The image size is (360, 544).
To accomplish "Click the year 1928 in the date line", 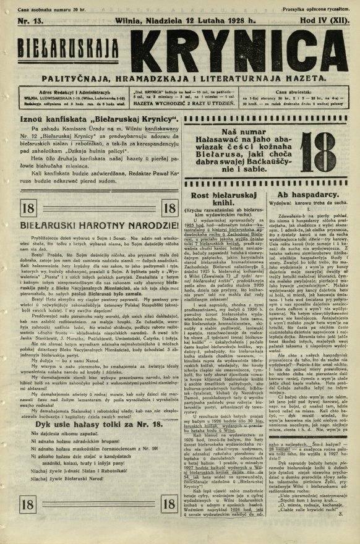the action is click(x=227, y=20).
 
